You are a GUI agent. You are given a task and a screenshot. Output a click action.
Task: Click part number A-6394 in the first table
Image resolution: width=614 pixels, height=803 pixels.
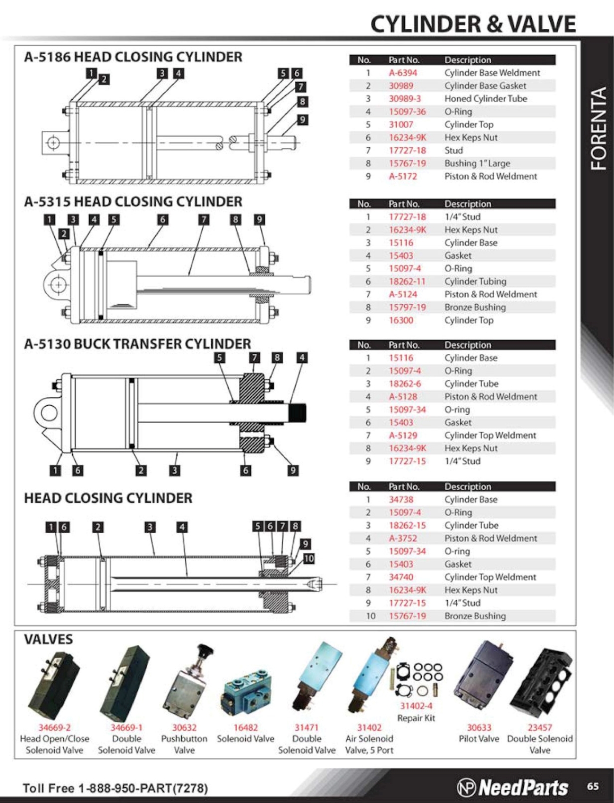(403, 73)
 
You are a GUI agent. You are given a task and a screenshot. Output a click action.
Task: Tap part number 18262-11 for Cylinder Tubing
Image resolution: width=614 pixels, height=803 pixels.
(407, 282)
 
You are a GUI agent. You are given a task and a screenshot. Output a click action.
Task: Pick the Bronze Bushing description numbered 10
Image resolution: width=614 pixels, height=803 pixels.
(475, 616)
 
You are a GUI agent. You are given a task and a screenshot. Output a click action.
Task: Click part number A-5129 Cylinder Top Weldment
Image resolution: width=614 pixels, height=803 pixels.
(403, 436)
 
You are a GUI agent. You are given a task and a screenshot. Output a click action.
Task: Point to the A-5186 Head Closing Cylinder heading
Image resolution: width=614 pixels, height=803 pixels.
(133, 57)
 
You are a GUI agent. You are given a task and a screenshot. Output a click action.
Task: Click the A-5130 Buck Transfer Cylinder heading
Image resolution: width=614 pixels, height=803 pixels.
(137, 344)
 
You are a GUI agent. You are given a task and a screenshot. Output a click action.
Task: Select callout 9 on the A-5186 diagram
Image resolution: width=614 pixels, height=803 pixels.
(303, 120)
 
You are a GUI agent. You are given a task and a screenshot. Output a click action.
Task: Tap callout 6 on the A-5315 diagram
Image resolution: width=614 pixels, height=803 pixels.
(162, 220)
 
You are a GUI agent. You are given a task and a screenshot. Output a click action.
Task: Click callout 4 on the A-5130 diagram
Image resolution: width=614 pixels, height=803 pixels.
(302, 358)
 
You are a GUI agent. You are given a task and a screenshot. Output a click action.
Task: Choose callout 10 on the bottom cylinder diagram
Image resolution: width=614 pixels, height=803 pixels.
(308, 559)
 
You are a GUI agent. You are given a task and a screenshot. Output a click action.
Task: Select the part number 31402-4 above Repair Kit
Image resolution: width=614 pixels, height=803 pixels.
(416, 706)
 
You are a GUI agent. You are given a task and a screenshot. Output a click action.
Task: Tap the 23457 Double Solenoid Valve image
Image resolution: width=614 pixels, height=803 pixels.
(542, 680)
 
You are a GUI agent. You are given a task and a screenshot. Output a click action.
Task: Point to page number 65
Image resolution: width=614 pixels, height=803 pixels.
(593, 786)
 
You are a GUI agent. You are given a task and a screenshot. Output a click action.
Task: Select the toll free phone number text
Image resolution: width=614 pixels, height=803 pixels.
(115, 788)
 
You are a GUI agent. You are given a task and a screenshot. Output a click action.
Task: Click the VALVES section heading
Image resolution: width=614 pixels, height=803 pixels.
(48, 640)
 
